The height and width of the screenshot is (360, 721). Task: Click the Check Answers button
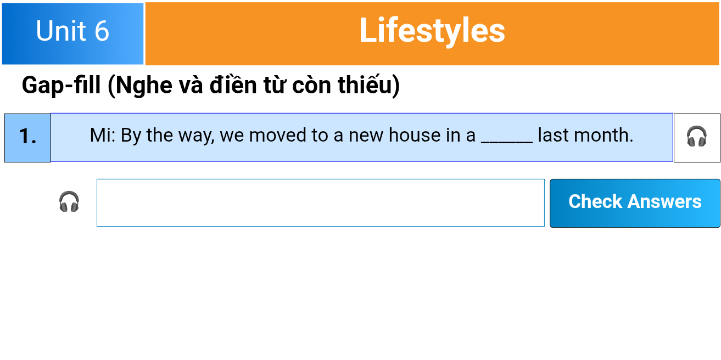click(635, 204)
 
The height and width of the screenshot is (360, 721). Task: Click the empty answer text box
click(321, 203)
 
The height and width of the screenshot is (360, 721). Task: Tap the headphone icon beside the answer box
click(69, 202)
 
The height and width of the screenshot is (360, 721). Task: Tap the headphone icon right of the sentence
click(696, 136)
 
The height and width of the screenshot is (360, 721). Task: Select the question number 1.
click(27, 136)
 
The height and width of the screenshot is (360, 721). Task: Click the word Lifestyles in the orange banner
click(432, 31)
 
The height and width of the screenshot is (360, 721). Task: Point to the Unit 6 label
click(72, 31)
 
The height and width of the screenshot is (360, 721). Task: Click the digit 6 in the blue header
click(102, 31)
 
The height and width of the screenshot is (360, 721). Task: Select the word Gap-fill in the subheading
click(61, 86)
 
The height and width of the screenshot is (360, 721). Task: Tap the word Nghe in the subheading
click(143, 86)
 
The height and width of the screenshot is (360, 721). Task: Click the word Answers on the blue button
click(664, 202)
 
